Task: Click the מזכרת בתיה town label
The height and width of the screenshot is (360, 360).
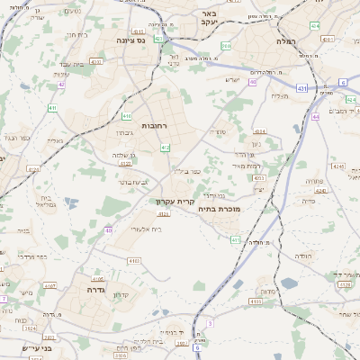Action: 237,208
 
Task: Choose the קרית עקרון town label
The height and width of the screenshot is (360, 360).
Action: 175,202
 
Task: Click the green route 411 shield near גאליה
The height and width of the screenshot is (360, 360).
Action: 52,108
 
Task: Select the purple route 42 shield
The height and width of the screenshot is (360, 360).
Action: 61,85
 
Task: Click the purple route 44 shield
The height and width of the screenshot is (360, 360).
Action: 315,116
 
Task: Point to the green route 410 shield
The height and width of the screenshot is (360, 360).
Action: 127,116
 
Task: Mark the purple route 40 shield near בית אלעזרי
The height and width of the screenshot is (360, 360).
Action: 108,230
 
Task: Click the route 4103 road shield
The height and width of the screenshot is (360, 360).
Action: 134,260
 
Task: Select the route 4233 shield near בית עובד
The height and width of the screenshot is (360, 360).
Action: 95,61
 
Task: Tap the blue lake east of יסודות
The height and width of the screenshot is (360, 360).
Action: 289,283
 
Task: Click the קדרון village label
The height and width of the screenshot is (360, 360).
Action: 120,296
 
